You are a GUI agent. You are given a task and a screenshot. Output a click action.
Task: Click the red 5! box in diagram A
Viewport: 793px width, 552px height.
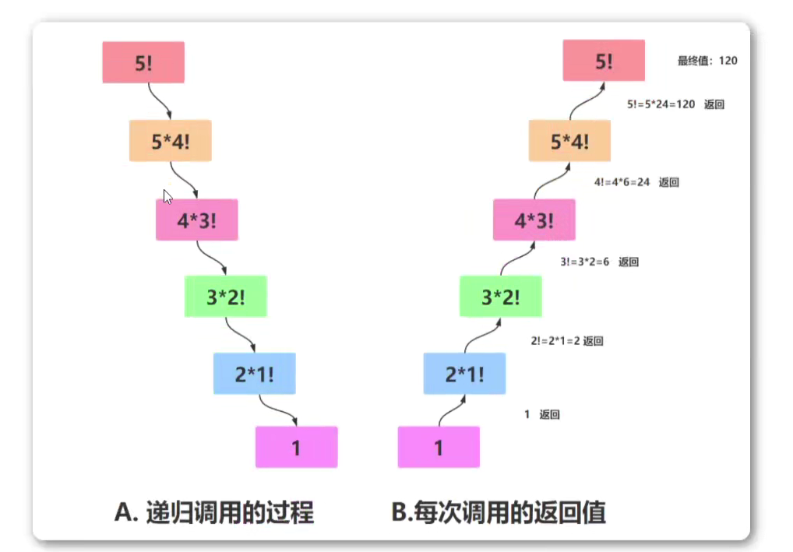143,62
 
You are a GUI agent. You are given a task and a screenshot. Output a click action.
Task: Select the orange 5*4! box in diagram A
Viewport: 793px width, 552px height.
170,141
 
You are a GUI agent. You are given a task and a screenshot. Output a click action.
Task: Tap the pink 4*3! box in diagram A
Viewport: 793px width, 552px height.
196,220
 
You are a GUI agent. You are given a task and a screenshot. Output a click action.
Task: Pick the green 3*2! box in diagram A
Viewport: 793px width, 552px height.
225,297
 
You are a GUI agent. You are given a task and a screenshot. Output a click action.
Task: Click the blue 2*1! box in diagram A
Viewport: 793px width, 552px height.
254,374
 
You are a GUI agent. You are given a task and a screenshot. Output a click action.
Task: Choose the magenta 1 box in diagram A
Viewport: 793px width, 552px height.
296,447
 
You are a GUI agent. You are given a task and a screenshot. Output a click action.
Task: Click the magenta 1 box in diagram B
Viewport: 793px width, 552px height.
439,447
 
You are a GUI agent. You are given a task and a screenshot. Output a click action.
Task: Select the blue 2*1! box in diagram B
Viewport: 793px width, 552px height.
464,374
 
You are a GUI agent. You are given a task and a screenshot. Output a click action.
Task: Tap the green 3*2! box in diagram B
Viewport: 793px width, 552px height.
500,297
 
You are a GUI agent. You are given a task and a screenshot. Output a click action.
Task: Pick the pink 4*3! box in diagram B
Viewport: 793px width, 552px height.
534,220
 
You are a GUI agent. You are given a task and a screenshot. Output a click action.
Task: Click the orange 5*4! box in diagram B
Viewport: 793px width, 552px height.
569,141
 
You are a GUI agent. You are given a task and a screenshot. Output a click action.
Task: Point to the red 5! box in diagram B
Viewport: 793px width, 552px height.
604,61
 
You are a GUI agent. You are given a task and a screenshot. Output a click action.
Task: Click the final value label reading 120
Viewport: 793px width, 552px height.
707,61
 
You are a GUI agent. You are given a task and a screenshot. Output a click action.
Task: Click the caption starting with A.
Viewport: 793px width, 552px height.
213,512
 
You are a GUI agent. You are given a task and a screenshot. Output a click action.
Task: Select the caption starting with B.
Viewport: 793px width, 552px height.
499,512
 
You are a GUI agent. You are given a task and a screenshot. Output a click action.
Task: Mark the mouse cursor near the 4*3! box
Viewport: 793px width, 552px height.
167,196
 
